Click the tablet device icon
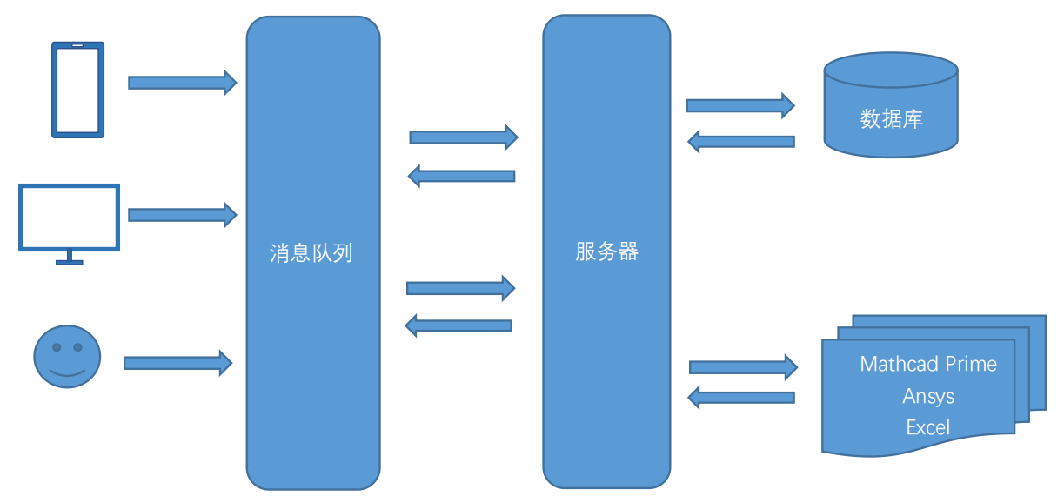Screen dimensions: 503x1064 point(78,90)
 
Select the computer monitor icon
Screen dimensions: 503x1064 point(69,217)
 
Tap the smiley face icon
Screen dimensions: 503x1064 point(67,356)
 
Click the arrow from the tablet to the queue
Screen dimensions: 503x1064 point(182,83)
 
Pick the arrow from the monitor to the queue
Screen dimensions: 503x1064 point(182,214)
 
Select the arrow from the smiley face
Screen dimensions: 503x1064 point(177,362)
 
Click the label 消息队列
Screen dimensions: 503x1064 point(311,254)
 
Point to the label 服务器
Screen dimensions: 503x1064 point(606,252)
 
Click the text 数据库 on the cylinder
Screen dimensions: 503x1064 point(891,119)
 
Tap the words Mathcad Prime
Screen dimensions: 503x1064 point(928,364)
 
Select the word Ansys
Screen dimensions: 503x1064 point(928,396)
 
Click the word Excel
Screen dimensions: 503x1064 point(928,427)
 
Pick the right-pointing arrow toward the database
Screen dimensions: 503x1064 point(739,105)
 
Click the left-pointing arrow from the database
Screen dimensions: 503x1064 point(741,141)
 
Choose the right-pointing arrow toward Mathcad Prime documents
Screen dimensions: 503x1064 point(743,367)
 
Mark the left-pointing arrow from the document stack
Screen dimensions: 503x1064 point(741,398)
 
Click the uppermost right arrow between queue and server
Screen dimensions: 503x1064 point(463,137)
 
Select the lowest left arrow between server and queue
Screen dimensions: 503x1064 point(458,325)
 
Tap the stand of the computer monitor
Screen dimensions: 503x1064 point(70,258)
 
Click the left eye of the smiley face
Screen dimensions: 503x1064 point(57,347)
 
